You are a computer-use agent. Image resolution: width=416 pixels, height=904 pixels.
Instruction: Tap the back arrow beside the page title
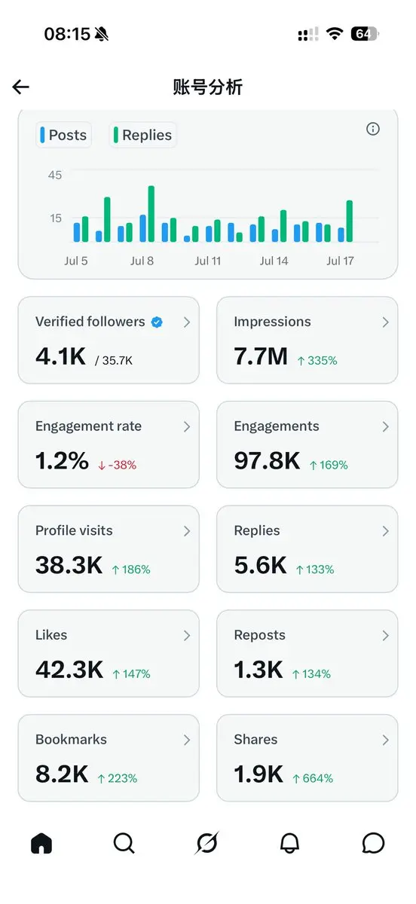point(20,87)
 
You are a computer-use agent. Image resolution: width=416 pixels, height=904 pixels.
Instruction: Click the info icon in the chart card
point(372,129)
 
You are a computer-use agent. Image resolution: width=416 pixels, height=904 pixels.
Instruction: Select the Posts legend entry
point(63,135)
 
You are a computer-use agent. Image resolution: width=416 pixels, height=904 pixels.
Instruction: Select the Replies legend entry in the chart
point(142,135)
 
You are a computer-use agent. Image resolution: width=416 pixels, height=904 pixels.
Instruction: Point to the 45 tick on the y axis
point(55,175)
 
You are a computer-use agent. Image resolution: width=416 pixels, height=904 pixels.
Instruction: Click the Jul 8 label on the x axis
point(142,261)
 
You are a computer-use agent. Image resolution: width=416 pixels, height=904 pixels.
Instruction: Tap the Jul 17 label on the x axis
point(340,261)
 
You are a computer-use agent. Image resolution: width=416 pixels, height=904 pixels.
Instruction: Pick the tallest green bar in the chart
point(151,214)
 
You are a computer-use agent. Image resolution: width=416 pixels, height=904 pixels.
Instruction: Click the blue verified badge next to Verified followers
point(157,322)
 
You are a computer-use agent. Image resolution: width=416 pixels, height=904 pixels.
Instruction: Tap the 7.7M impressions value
point(261,356)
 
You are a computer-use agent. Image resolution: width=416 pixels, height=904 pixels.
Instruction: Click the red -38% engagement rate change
point(117,465)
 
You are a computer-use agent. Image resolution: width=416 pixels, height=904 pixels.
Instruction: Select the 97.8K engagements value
point(267,460)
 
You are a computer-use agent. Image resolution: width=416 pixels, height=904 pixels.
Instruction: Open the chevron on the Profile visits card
point(187,531)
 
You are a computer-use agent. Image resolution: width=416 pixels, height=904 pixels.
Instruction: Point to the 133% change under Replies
point(315,570)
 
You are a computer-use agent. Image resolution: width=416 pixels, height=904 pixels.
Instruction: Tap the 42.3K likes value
point(69,670)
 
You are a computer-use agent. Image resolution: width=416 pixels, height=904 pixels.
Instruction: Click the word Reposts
point(259,635)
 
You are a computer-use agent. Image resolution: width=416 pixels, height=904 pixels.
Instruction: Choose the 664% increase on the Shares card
point(313,778)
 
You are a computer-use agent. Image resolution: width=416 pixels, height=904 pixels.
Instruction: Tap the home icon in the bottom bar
point(41,843)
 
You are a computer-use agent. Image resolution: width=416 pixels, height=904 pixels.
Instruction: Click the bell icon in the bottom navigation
point(289,843)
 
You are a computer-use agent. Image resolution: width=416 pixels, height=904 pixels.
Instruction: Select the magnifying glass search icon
point(124,843)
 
